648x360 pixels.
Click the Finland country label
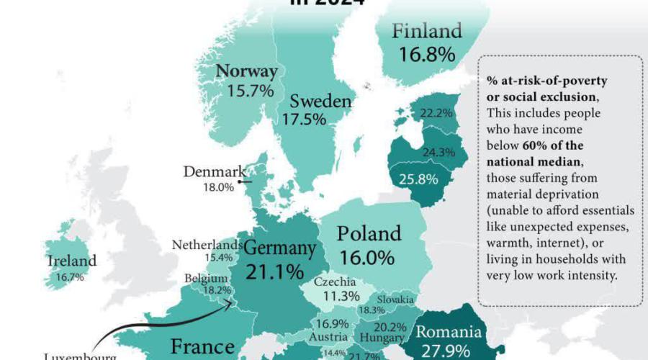click(x=427, y=32)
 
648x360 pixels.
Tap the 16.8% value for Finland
click(x=428, y=54)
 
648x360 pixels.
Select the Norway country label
click(x=247, y=72)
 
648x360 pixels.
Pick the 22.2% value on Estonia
click(x=436, y=113)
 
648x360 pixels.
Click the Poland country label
click(x=369, y=233)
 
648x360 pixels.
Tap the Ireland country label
click(x=72, y=261)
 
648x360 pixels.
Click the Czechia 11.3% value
click(x=341, y=296)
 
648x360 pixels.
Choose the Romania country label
click(x=448, y=333)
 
